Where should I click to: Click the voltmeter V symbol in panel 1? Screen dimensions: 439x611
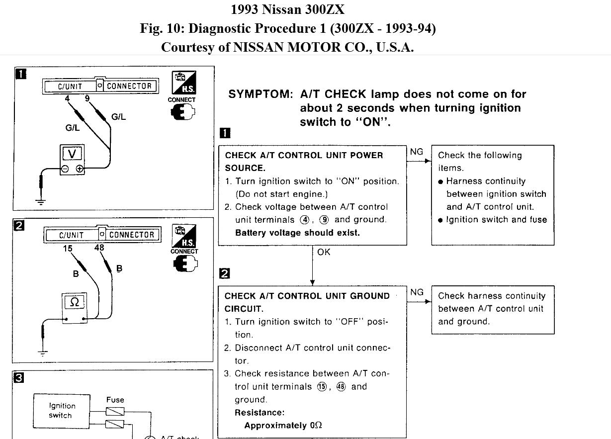pos(71,155)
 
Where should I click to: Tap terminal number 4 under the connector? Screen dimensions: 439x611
pos(67,98)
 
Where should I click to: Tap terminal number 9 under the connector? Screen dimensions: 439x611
pos(87,98)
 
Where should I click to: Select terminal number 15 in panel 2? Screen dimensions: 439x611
pos(68,248)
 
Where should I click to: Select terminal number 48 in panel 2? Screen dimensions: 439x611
pos(99,247)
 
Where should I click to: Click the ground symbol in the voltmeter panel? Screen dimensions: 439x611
pos(40,201)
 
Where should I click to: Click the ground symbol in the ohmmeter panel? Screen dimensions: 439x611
pos(43,352)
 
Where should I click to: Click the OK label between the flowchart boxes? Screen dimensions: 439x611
pos(324,252)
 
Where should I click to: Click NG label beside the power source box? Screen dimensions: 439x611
pos(417,152)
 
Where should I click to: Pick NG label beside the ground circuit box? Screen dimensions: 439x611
pos(417,292)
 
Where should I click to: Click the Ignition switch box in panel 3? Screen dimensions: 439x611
pos(62,410)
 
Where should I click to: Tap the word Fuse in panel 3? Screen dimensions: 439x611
pos(115,400)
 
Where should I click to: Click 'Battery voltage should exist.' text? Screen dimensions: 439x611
pos(297,233)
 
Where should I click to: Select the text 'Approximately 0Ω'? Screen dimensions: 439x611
pos(283,426)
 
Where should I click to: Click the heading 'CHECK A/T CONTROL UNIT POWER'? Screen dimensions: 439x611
pos(304,155)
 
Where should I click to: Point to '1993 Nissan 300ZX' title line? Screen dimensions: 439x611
pos(287,9)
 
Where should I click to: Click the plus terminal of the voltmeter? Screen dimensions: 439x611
pos(80,169)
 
